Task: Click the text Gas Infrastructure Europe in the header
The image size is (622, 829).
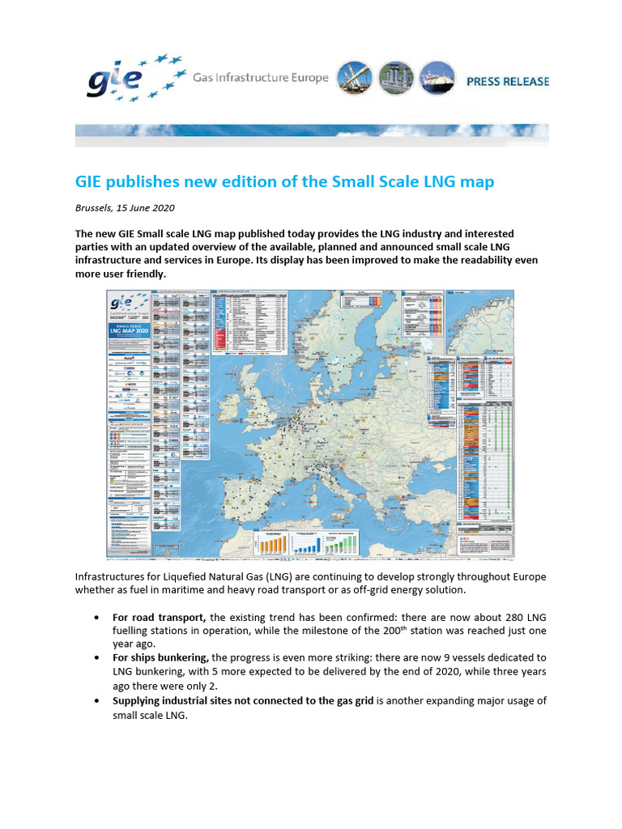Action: [260, 78]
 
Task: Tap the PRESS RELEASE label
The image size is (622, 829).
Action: [507, 81]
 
